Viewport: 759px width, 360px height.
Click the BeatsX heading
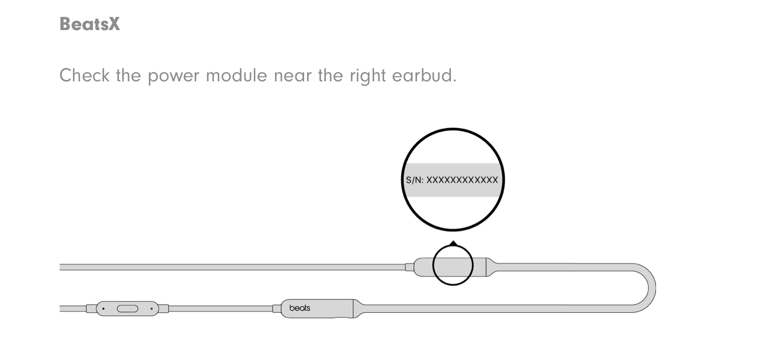pyautogui.click(x=89, y=24)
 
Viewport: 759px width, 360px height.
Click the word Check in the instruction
pyautogui.click(x=84, y=75)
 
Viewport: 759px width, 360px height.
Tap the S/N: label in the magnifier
pyautogui.click(x=414, y=180)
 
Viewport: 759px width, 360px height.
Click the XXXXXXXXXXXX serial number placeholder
pyautogui.click(x=462, y=180)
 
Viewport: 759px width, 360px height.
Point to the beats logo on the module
pyautogui.click(x=300, y=308)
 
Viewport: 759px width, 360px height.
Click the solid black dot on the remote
pyautogui.click(x=103, y=309)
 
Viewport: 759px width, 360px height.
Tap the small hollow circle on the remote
pyautogui.click(x=151, y=309)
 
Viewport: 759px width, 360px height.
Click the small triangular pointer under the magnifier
pyautogui.click(x=453, y=243)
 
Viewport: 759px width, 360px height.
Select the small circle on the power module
pyautogui.click(x=453, y=266)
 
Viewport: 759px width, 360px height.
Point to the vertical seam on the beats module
pyautogui.click(x=353, y=308)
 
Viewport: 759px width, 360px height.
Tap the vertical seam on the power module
pyautogui.click(x=486, y=267)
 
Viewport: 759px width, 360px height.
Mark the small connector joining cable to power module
pyautogui.click(x=409, y=267)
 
